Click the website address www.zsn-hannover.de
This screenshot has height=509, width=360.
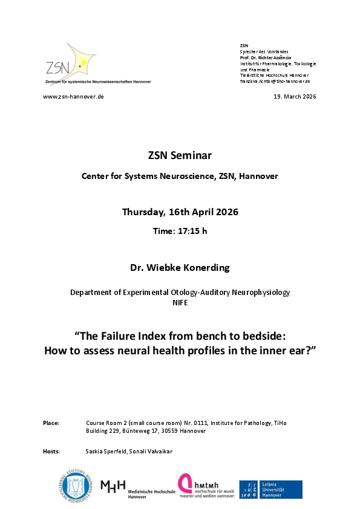coord(73,97)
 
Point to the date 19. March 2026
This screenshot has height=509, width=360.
coord(295,97)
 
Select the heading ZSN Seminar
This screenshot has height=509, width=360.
coord(180,155)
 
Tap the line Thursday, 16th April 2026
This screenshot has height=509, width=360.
coord(180,212)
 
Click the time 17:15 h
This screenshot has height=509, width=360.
coord(180,232)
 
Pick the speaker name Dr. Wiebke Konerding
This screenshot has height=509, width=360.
coord(180,266)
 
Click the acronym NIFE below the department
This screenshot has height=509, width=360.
coord(180,303)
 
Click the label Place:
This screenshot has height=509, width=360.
coord(51,423)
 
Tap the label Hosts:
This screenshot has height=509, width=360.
coord(51,451)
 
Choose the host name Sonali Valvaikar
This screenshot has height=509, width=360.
coord(150,451)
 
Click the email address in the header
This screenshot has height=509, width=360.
coord(275,81)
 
